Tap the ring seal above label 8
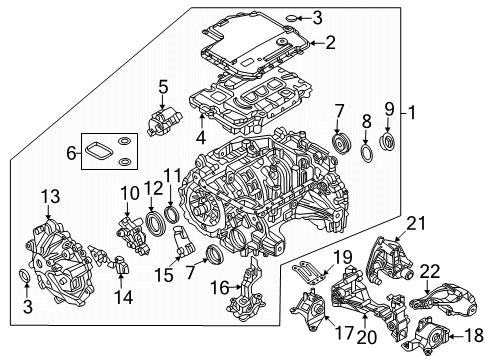coord(370,152)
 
